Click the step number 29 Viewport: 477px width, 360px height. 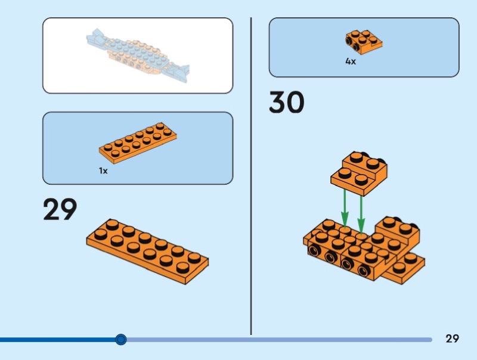click(x=60, y=210)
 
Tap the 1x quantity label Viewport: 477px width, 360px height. click(x=103, y=170)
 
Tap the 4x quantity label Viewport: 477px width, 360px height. click(x=351, y=61)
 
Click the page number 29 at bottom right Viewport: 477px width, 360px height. click(x=452, y=339)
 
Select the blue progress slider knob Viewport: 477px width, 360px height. click(x=121, y=340)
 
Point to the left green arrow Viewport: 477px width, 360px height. click(x=344, y=206)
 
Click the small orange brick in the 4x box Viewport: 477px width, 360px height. click(x=363, y=42)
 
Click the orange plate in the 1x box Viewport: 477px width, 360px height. click(x=138, y=143)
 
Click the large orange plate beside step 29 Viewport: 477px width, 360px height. click(x=147, y=250)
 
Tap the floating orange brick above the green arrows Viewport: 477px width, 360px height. click(x=360, y=173)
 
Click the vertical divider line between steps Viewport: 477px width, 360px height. click(x=251, y=179)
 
